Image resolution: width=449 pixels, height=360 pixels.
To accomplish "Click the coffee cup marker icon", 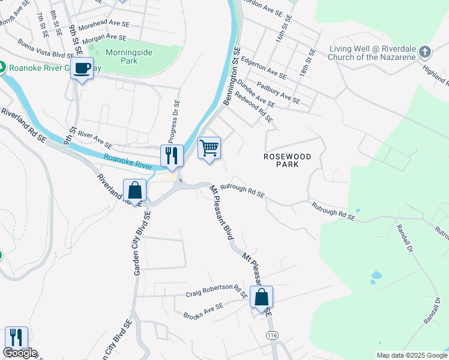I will [82, 68].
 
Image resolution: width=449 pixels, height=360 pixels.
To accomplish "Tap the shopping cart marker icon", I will [209, 148].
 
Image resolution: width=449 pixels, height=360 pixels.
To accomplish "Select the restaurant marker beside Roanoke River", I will [172, 156].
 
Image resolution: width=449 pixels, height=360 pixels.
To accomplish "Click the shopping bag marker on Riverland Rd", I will [135, 190].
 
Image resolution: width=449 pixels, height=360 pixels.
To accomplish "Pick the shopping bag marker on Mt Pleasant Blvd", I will [262, 296].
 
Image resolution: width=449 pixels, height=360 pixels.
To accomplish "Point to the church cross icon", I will [425, 52].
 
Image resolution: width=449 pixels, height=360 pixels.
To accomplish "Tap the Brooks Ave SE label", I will [203, 310].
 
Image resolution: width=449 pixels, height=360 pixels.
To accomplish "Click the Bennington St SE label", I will [232, 77].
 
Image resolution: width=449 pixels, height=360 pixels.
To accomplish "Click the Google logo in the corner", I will [20, 353].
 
